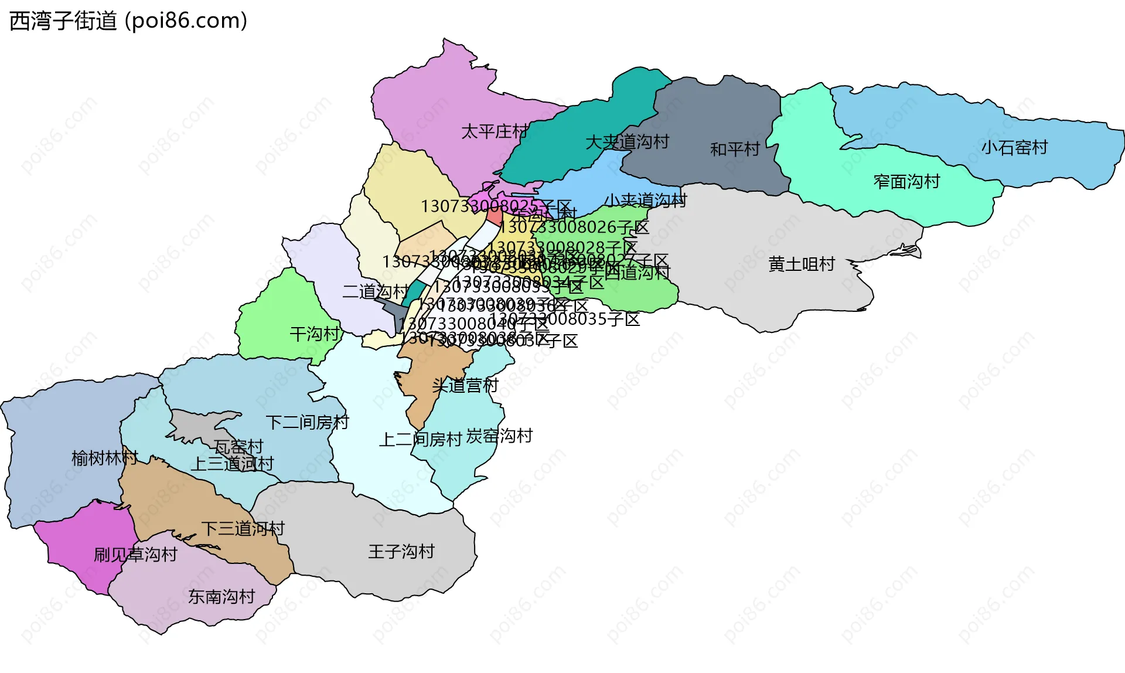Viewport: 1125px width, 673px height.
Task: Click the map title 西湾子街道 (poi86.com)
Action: (x=128, y=21)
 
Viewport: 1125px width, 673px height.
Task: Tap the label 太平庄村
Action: (x=494, y=131)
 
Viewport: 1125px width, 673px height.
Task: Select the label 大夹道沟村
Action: (x=627, y=142)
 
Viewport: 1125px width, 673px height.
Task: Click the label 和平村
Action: (x=735, y=149)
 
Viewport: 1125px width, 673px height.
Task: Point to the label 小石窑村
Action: (x=1014, y=148)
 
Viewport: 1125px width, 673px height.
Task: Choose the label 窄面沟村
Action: (x=906, y=182)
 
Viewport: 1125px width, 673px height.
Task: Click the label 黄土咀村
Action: (x=801, y=264)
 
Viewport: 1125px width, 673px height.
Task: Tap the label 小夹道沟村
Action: (x=645, y=200)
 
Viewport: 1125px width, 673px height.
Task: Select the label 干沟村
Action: (x=315, y=334)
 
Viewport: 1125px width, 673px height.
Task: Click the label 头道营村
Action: (x=465, y=385)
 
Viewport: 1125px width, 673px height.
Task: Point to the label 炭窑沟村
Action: (x=499, y=436)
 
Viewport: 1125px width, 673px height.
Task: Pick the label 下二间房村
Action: (x=307, y=422)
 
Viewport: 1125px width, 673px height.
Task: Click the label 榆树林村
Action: (x=104, y=458)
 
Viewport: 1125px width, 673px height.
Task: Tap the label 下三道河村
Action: (x=243, y=529)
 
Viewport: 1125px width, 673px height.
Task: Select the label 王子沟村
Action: (x=401, y=552)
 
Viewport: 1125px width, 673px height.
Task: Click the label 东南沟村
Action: (x=221, y=597)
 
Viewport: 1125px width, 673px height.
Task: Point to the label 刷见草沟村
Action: (x=135, y=555)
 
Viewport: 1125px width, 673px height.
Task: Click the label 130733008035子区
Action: (x=565, y=319)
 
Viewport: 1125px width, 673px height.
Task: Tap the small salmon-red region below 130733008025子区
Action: (x=494, y=216)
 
